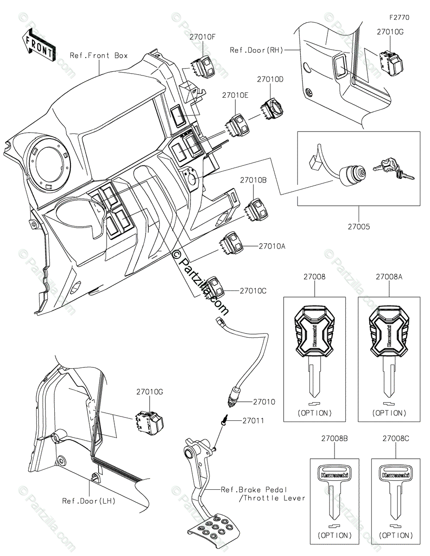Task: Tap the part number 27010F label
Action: coord(202,37)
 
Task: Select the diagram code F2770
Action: coord(399,18)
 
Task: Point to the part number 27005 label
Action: coord(359,227)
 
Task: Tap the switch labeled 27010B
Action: coord(256,210)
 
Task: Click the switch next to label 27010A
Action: coord(230,243)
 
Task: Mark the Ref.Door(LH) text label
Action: coord(89,501)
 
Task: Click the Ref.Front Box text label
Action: coord(99,56)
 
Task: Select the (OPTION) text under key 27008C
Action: coord(396,535)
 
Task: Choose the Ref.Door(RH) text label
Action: coord(256,50)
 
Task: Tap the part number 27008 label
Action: coord(314,277)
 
